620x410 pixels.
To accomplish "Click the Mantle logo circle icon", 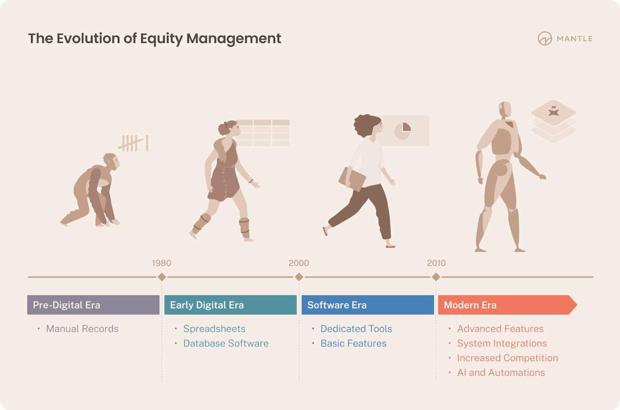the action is [x=545, y=38].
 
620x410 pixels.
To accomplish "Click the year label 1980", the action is [x=161, y=263].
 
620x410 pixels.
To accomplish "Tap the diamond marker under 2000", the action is [x=299, y=277].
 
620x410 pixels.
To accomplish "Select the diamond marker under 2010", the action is [x=436, y=277].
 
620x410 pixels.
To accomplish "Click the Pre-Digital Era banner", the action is [x=93, y=305].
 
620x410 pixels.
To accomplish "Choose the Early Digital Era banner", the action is [x=231, y=305].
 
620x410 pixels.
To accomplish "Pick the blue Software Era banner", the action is [x=368, y=305].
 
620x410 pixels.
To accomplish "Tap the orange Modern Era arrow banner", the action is [x=508, y=305].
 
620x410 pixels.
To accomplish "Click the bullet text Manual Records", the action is [x=82, y=329].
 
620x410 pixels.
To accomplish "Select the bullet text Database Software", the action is [x=226, y=343].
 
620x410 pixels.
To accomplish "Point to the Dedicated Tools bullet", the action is [x=356, y=329].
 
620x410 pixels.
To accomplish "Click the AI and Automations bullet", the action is [x=501, y=373].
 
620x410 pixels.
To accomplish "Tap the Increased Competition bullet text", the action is [x=507, y=358].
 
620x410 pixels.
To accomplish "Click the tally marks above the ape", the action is [x=133, y=143].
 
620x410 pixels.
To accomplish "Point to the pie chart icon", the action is [x=403, y=131].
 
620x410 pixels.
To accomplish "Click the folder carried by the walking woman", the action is [x=352, y=179].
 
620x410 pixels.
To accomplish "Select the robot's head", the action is [x=505, y=110].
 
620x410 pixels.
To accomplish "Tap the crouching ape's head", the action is [x=111, y=161].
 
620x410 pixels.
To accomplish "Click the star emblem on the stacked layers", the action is [x=554, y=111].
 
